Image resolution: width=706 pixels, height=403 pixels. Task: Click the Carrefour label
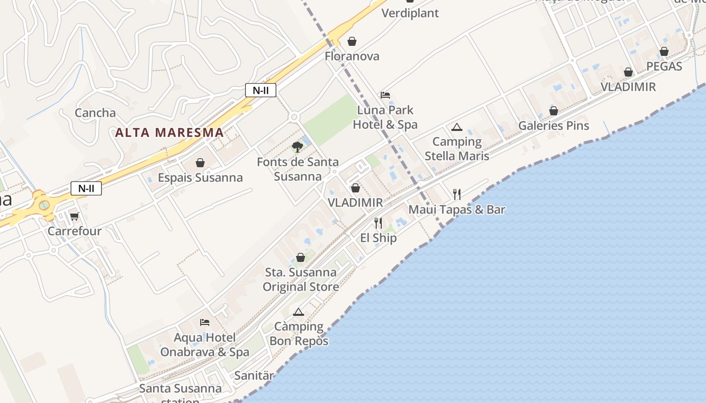[x=75, y=231]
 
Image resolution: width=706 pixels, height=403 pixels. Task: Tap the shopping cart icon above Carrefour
[x=75, y=216]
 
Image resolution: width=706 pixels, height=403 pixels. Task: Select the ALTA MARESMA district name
[x=169, y=132]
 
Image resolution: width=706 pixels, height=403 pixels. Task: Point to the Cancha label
[x=95, y=113]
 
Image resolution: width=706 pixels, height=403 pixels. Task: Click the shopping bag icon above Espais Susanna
[x=200, y=163]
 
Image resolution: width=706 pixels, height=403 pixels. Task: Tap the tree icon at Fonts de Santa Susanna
[x=298, y=147]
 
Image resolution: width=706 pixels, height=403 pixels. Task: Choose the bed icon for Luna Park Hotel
[x=385, y=95]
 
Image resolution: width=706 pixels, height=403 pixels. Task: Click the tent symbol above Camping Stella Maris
[x=457, y=127]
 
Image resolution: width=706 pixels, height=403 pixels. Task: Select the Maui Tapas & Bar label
[x=457, y=210]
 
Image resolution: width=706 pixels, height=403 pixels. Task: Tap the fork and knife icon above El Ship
[x=378, y=223]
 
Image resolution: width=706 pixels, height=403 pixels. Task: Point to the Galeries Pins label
[x=554, y=125]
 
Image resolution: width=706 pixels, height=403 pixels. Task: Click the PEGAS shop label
[x=664, y=66]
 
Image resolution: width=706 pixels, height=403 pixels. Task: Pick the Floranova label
[x=352, y=56]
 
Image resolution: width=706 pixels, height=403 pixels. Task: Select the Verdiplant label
[x=410, y=13]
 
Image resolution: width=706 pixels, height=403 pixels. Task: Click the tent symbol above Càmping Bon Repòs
[x=299, y=312]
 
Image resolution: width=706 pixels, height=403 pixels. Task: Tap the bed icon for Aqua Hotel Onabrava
[x=205, y=322]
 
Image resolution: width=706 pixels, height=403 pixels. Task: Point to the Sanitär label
[x=254, y=376]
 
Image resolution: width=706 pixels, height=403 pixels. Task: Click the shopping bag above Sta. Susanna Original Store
[x=301, y=257]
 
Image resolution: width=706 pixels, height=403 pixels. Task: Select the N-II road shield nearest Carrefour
[x=86, y=189]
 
